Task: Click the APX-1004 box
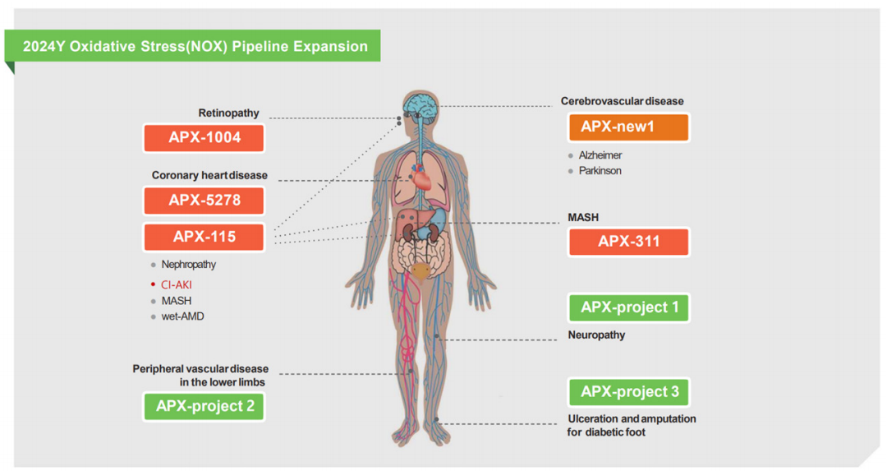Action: click(204, 138)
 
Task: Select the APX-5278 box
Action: click(204, 201)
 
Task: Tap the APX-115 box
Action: click(204, 238)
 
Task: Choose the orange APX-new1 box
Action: click(628, 127)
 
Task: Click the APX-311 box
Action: click(628, 242)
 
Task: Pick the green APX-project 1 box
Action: click(628, 308)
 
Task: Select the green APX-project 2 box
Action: click(204, 406)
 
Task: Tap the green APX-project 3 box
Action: click(628, 392)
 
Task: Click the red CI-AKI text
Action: click(177, 284)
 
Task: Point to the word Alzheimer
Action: click(600, 155)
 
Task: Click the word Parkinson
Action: click(600, 171)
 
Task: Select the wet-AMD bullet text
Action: click(182, 316)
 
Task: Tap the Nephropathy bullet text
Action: click(188, 265)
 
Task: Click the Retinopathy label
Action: click(228, 113)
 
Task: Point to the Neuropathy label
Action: click(596, 335)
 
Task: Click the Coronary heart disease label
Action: click(209, 175)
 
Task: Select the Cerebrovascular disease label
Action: click(623, 101)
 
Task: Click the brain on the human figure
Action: click(421, 107)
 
